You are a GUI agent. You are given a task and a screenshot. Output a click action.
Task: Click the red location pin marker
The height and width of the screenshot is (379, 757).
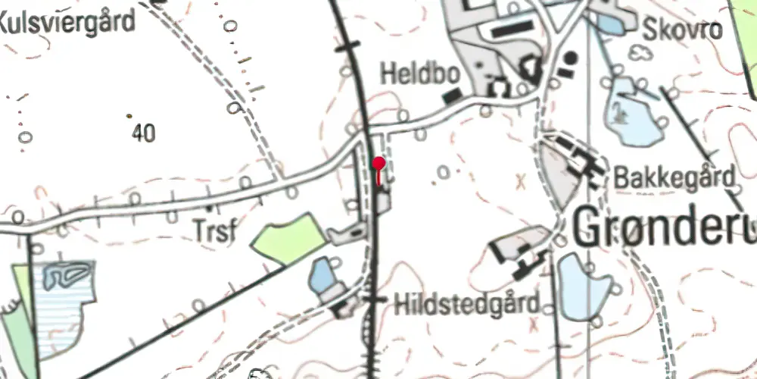point(379,162)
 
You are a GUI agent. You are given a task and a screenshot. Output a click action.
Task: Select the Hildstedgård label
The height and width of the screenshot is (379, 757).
point(467,305)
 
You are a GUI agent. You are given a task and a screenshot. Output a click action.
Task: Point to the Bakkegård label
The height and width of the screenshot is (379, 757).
point(674,179)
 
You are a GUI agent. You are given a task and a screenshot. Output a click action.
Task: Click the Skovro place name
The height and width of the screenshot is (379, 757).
point(683,30)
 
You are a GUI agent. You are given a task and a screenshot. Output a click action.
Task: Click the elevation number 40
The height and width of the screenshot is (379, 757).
point(143,134)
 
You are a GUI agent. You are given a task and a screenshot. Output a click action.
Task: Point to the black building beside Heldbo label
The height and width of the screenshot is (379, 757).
point(452,96)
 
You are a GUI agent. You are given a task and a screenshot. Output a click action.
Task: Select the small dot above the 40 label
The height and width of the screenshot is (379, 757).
point(129,116)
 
